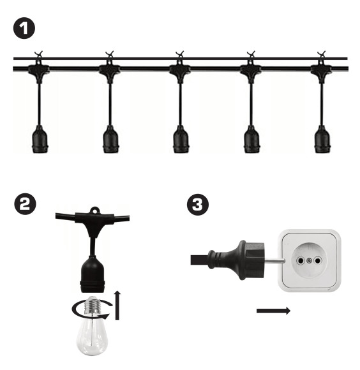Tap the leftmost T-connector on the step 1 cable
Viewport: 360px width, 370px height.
39,68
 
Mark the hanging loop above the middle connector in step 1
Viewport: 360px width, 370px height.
180,55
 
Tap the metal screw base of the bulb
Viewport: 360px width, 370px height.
94,306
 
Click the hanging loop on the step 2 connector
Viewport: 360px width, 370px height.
94,209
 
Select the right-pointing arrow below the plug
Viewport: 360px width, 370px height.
273,311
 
